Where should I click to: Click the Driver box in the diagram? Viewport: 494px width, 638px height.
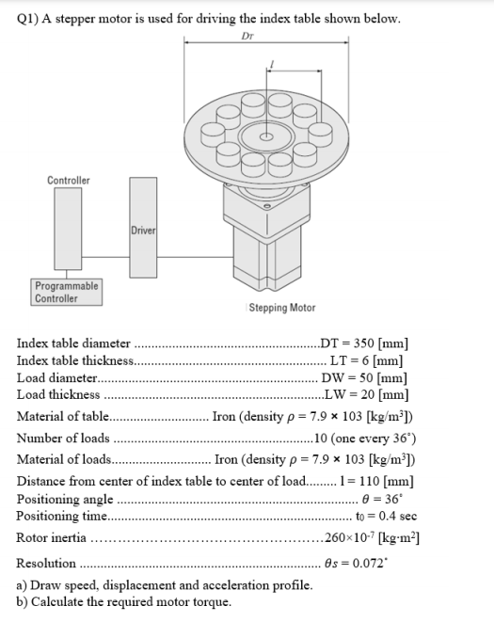(144, 230)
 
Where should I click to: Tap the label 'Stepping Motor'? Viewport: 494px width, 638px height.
(280, 308)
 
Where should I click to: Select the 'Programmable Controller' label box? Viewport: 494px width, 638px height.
(66, 292)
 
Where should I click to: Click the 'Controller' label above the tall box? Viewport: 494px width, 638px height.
(69, 180)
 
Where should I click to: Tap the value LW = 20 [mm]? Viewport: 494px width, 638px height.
(365, 394)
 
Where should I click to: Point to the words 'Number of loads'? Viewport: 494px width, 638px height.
(63, 439)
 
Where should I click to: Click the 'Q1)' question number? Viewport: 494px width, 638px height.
(28, 19)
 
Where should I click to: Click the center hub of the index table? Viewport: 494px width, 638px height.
(268, 136)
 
